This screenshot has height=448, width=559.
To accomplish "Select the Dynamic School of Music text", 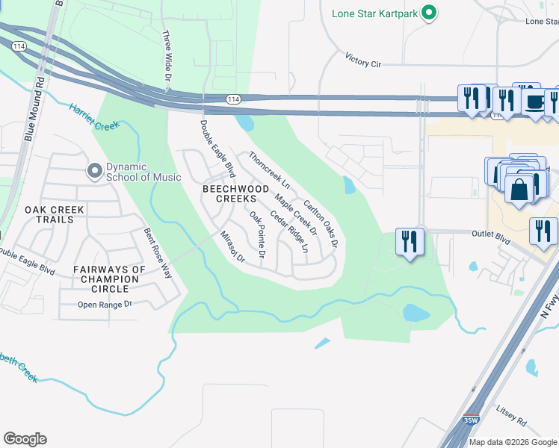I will (143, 172).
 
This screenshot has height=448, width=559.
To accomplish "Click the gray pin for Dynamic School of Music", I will (94, 172).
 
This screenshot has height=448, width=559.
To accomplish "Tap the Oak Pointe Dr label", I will (258, 234).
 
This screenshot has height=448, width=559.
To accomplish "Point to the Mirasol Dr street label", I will (232, 245).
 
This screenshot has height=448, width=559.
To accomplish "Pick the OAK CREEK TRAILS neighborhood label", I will (49, 215).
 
